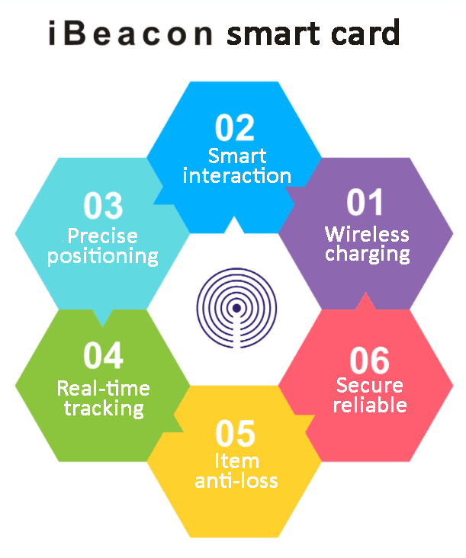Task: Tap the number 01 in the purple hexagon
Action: pos(366,204)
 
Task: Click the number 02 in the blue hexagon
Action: pos(234,127)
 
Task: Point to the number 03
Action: pos(102,207)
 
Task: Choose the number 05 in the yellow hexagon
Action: pos(236,434)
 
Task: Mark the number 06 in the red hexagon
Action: pos(369,360)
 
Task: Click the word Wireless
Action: pos(367,234)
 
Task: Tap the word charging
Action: pos(368,254)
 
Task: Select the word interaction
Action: pos(237,177)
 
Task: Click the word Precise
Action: pos(102,236)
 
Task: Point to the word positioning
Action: pos(103,256)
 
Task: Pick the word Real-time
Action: pos(104,388)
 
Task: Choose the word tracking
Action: pos(104,409)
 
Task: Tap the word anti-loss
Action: pos(236,481)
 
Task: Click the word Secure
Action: pos(369,385)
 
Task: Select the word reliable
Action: pos(369,405)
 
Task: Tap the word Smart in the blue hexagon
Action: pos(237,156)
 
